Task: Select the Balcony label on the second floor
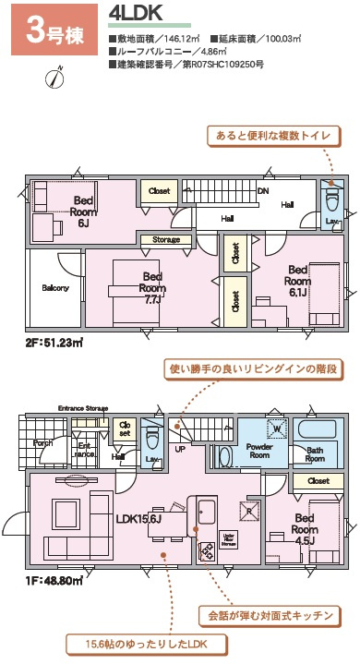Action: coord(54,287)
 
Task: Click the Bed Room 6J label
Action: coord(83,211)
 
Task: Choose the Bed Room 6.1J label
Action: coord(297,280)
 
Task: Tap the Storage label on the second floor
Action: coord(166,240)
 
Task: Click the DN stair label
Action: coord(263,192)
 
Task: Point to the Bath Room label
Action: coord(315,454)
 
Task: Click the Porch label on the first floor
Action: coord(43,442)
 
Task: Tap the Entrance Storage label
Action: coord(83,408)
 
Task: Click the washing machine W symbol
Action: coord(274,429)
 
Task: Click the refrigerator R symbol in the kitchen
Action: coord(246,507)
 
